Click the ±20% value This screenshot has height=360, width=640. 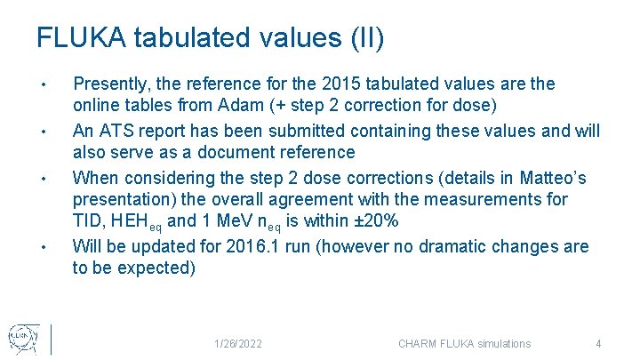(x=366, y=222)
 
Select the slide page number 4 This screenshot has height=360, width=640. (x=599, y=344)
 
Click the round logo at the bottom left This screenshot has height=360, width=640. (x=22, y=337)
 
